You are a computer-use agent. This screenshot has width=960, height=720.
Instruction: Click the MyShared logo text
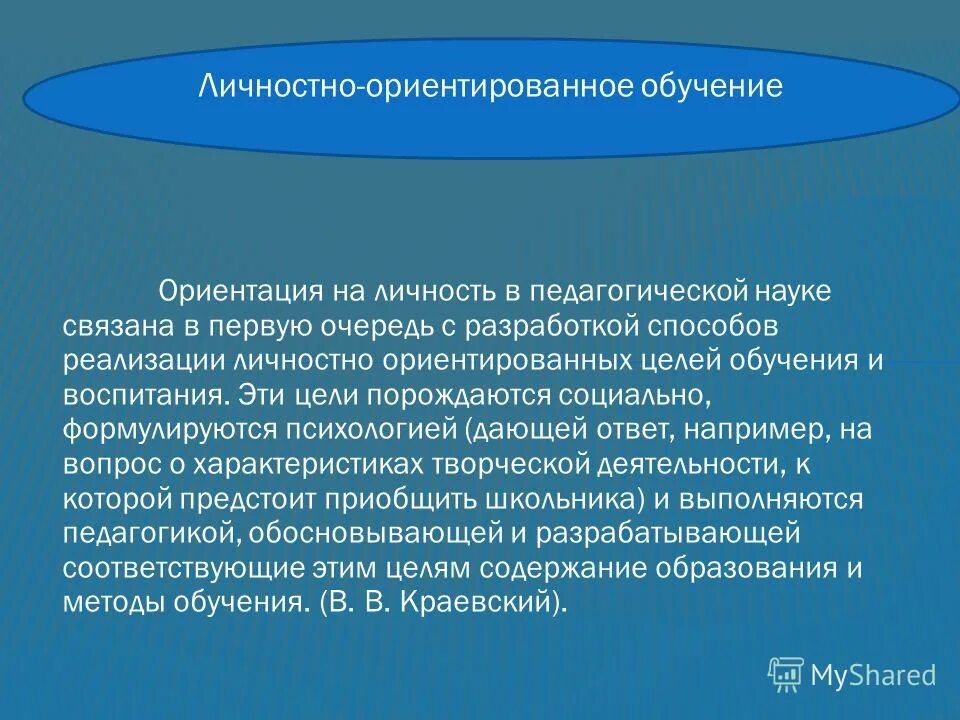[873, 675]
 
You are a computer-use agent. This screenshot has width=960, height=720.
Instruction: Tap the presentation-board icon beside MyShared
[786, 675]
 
